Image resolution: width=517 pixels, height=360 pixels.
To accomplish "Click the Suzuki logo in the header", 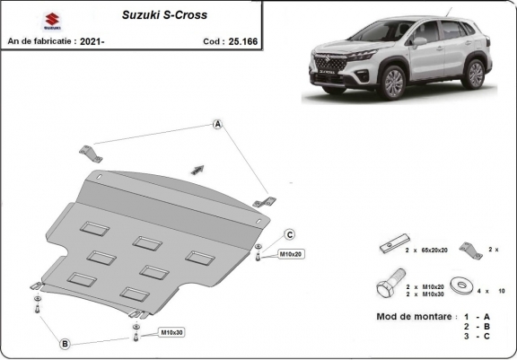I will (22, 18).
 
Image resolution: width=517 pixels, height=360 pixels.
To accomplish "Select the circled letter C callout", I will (290, 234).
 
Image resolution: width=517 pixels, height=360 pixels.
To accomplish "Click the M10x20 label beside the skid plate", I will (291, 255).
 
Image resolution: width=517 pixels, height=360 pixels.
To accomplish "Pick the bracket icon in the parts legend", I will (467, 248).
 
